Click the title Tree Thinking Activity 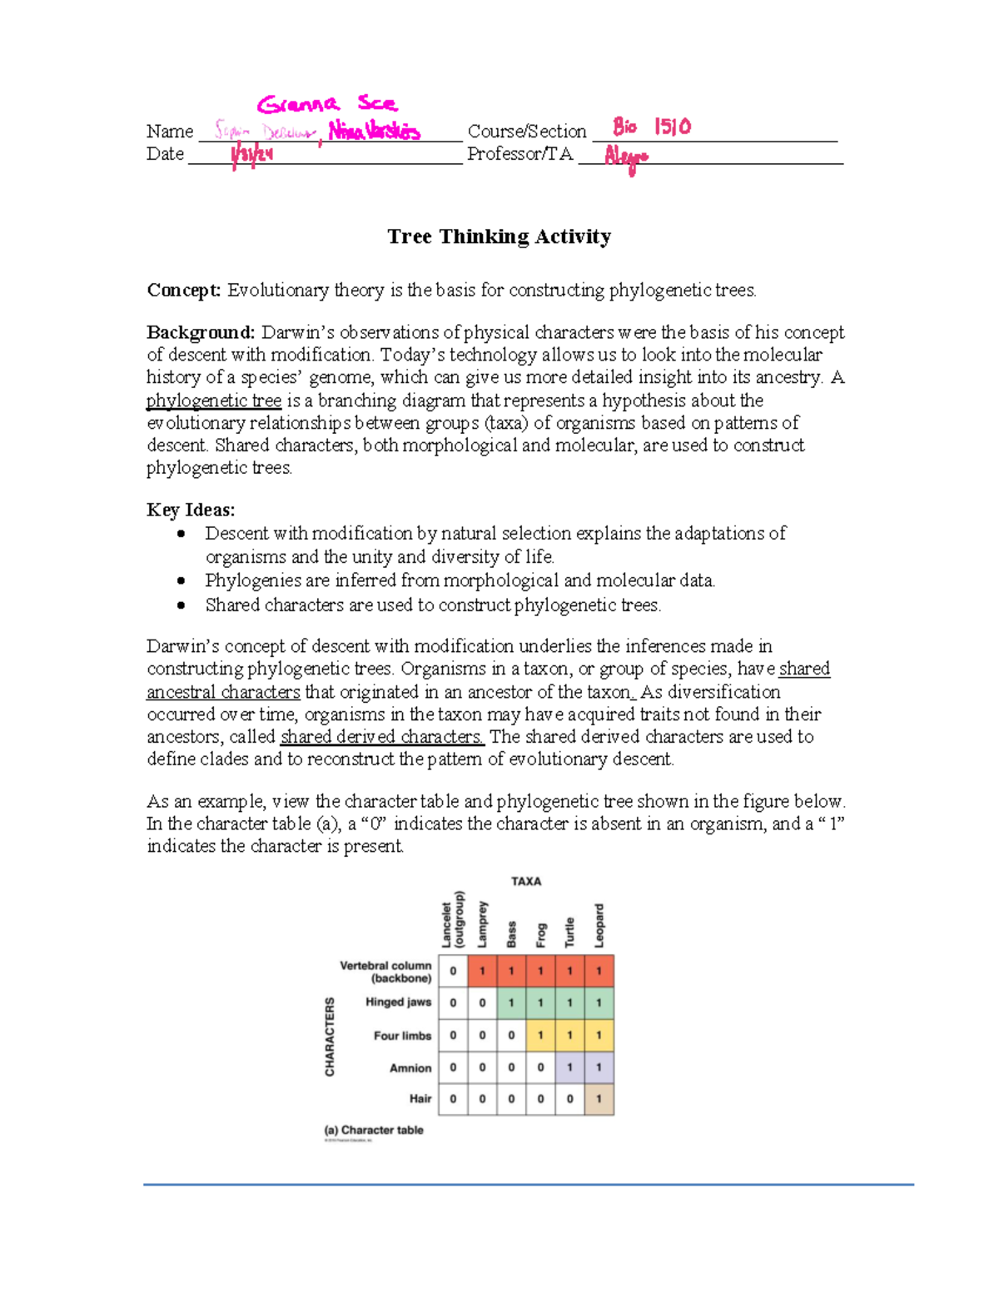499,237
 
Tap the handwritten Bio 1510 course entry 652,127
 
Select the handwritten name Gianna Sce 327,104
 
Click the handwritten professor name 626,157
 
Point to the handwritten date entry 251,155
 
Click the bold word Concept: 184,291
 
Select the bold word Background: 201,332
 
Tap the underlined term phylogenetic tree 214,401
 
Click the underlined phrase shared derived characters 382,737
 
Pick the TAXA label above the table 526,881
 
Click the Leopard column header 599,925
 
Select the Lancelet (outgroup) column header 453,920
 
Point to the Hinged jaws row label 398,1003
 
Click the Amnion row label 410,1068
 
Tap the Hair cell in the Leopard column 599,1099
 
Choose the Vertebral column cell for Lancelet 453,971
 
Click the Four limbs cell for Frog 540,1035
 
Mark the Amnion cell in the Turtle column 569,1068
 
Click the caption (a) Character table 374,1130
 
